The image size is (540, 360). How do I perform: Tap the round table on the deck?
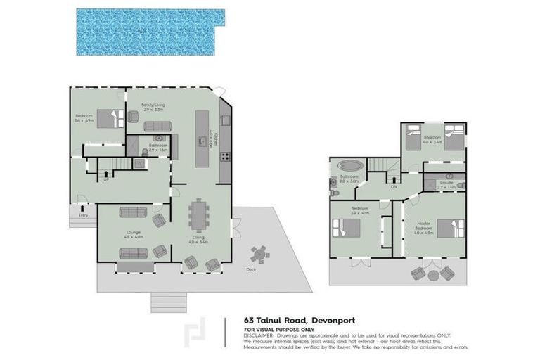click(x=260, y=253)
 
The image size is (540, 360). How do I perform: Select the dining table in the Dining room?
click(x=200, y=215)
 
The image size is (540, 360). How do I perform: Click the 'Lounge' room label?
click(x=134, y=233)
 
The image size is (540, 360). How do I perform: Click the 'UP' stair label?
click(x=106, y=179)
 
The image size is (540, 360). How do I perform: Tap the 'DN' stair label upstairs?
click(x=394, y=186)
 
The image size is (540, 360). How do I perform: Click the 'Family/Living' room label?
click(x=153, y=105)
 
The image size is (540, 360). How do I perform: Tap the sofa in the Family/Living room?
click(x=157, y=127)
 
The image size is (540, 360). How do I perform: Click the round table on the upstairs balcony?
click(x=431, y=274)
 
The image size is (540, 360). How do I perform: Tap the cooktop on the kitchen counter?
click(x=224, y=156)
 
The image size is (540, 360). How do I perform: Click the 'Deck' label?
click(x=251, y=270)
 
